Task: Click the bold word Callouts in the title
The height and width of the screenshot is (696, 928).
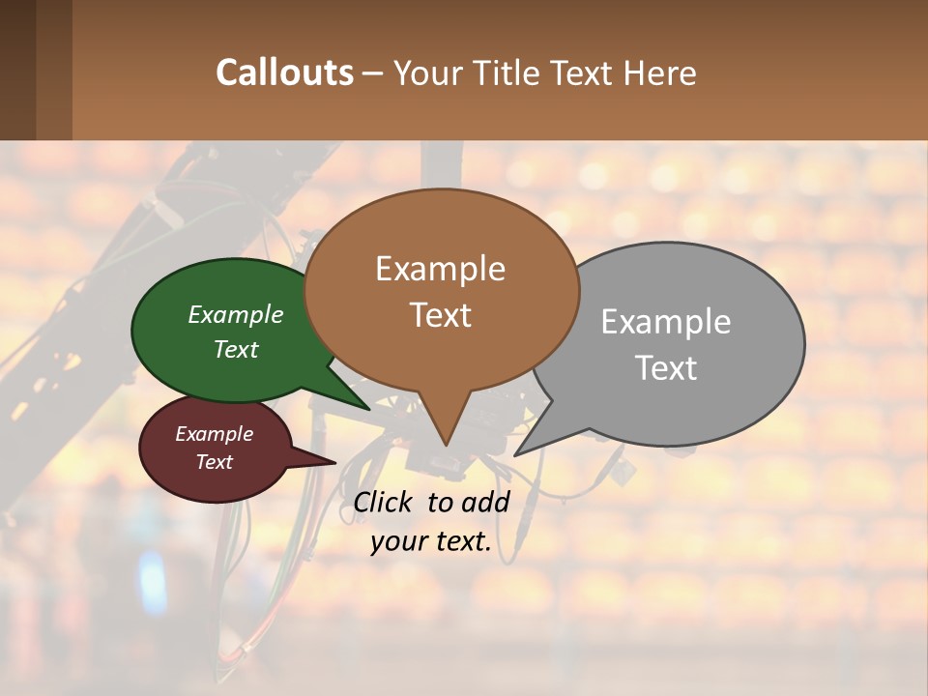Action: click(284, 72)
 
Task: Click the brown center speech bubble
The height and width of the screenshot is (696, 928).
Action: click(441, 232)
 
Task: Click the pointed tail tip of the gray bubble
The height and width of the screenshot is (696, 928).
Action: click(517, 453)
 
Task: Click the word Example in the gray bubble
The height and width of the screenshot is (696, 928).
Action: click(666, 322)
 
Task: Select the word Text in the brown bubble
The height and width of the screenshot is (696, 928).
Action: click(441, 315)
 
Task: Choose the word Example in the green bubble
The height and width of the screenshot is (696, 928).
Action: click(236, 314)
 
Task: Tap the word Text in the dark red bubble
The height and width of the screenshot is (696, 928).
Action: click(214, 462)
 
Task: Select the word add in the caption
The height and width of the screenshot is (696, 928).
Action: click(484, 502)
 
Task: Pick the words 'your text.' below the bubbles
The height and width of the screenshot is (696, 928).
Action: click(431, 541)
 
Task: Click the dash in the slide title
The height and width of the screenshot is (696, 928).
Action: click(373, 72)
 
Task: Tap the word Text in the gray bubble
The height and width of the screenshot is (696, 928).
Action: click(666, 368)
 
